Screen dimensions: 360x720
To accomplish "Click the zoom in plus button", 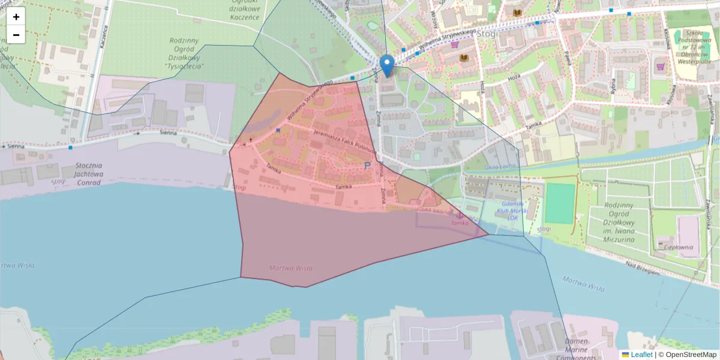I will click(x=16, y=17).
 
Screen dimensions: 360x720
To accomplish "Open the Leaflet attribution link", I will click(x=641, y=355).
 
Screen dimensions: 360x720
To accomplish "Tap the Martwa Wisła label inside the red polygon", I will click(x=291, y=268).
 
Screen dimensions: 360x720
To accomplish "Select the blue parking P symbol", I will click(x=368, y=166).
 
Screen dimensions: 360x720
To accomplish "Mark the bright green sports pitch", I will click(x=560, y=203).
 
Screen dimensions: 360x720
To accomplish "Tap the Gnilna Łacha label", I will click(x=484, y=166).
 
